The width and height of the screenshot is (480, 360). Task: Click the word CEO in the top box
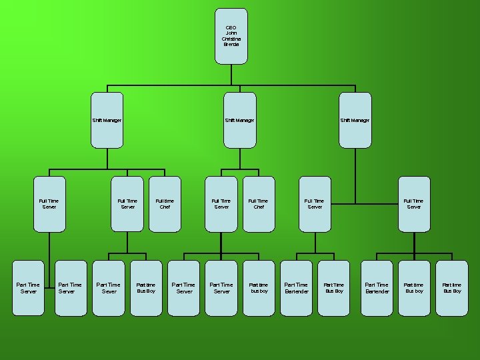click(x=231, y=27)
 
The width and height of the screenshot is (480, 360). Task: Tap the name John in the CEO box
click(x=231, y=33)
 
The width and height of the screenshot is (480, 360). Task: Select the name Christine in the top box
click(x=231, y=39)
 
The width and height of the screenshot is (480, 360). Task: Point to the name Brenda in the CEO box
click(x=231, y=44)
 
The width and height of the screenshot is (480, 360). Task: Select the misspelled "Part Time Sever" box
click(x=109, y=288)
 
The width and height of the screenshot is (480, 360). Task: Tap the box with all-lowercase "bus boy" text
click(x=259, y=288)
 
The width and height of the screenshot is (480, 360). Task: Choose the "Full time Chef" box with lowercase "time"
click(x=165, y=203)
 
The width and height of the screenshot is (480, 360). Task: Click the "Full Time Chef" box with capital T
click(x=258, y=203)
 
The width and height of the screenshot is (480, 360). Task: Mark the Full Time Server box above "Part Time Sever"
click(x=127, y=203)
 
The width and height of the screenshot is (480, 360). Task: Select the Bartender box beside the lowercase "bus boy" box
click(x=296, y=288)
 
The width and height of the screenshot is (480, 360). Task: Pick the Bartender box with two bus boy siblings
click(x=377, y=288)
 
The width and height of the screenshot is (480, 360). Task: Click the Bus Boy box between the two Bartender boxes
click(x=334, y=288)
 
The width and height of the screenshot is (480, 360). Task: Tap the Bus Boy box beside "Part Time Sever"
click(x=146, y=288)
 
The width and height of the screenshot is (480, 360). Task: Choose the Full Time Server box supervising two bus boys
click(x=413, y=203)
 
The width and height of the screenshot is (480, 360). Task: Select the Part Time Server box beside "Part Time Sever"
click(x=70, y=288)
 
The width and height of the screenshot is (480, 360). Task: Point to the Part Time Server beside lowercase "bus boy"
click(x=221, y=288)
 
